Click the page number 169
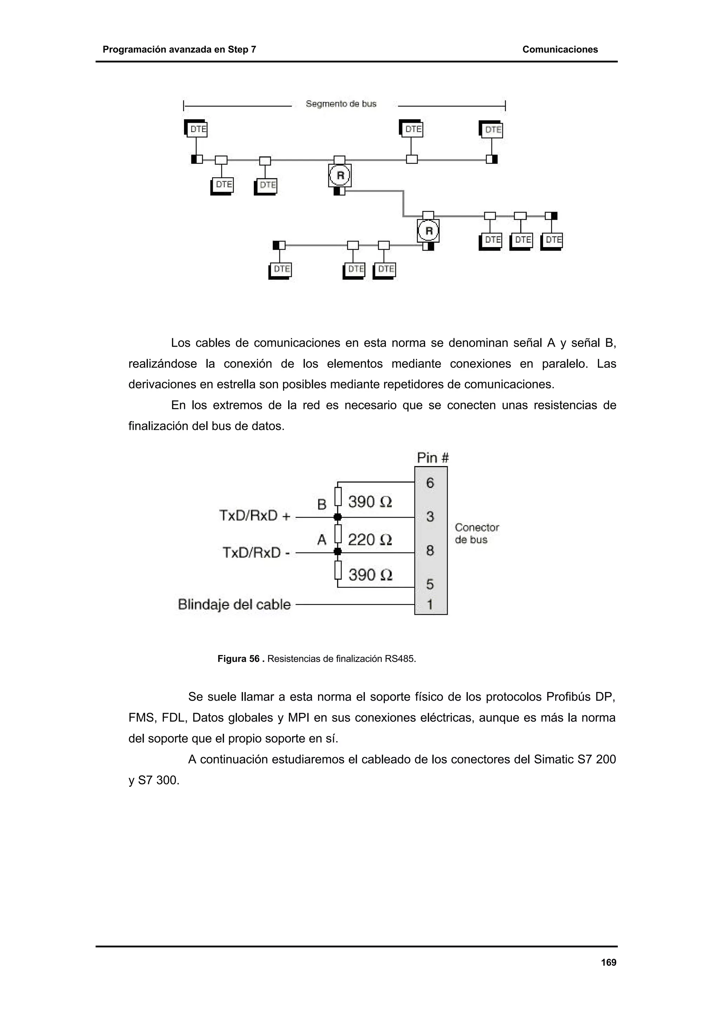click(x=608, y=962)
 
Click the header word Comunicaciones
click(x=560, y=49)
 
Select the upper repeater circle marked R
click(x=340, y=176)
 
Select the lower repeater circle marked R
click(x=428, y=231)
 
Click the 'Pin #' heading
click(x=433, y=458)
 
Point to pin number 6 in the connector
click(x=430, y=483)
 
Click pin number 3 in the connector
click(x=430, y=517)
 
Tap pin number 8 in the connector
click(x=430, y=551)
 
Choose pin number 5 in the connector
click(x=430, y=584)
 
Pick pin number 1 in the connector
click(x=430, y=604)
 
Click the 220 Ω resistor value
click(x=369, y=539)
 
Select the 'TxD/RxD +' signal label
click(x=255, y=516)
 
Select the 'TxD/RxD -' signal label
click(x=256, y=552)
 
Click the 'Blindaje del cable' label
click(x=234, y=604)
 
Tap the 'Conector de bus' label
click(x=476, y=533)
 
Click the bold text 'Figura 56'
click(x=238, y=659)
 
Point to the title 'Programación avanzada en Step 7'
click(x=179, y=49)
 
